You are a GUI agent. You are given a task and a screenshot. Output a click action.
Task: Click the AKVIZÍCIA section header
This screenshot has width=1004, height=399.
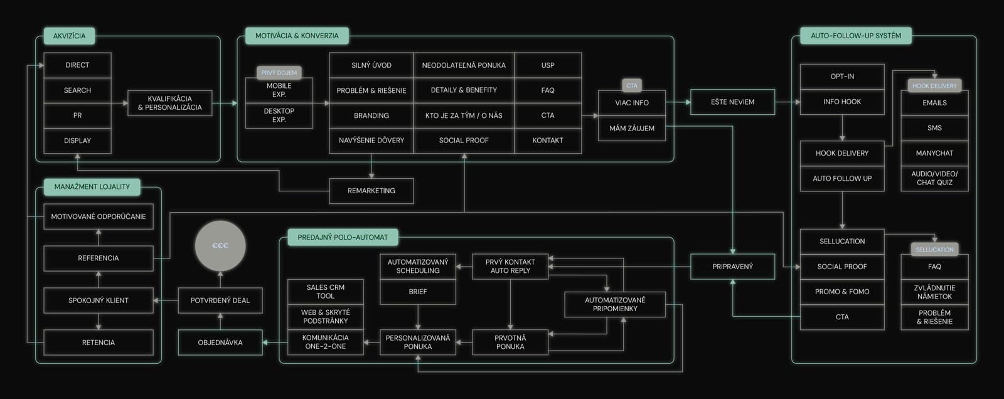69,36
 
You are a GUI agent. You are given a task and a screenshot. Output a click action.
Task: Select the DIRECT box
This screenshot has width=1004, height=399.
78,65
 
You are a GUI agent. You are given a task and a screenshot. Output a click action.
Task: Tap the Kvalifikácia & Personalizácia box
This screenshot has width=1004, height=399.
170,103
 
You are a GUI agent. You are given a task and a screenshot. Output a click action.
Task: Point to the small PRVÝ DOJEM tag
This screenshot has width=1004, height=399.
279,73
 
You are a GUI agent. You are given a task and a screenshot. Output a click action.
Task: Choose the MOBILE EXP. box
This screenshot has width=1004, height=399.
279,90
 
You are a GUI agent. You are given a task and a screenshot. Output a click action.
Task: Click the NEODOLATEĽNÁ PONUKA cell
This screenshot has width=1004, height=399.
464,65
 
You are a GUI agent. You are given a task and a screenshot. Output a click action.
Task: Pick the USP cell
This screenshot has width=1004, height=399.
548,65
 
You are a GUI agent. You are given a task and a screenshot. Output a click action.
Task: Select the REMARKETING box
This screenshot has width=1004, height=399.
371,191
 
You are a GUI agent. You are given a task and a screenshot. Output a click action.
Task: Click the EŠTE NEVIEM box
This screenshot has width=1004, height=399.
732,102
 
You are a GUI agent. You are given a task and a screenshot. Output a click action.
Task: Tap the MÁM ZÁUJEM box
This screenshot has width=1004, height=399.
632,128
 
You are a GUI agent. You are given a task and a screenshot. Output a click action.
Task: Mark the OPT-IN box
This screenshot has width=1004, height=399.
842,77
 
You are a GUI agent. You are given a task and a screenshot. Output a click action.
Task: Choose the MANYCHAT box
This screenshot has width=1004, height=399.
934,153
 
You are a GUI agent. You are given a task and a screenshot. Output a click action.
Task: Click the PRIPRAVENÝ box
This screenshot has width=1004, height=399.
732,267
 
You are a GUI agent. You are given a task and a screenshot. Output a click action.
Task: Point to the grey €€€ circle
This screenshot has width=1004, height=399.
220,246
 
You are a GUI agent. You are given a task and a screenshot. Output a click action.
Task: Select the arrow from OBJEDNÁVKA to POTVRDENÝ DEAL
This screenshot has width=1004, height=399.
220,321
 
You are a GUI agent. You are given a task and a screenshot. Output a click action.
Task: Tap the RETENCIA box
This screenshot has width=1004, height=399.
99,343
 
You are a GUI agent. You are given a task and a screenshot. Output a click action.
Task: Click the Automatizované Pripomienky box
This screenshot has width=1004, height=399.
615,304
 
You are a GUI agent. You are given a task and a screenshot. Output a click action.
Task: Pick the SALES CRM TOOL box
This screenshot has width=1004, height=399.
326,292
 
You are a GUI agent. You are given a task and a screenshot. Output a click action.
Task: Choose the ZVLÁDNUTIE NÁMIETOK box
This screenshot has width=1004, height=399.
934,292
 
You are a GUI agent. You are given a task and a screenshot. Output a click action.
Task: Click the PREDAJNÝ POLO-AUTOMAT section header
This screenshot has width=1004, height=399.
343,238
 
